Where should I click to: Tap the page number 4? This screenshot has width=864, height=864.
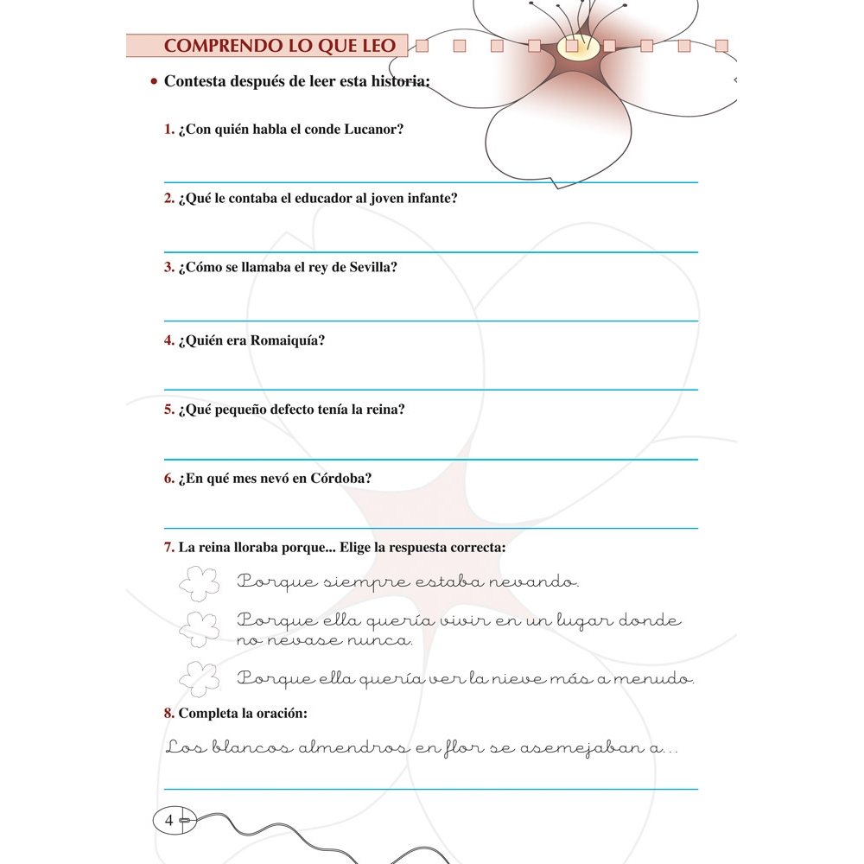coord(169,820)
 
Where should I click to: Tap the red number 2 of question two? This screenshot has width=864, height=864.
coord(168,198)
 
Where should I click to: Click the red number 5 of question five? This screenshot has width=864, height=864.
coord(168,410)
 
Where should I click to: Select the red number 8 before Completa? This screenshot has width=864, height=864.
coord(168,713)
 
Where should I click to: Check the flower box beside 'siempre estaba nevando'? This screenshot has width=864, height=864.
coord(200,583)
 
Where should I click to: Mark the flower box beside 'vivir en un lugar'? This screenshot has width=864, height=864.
coord(200,628)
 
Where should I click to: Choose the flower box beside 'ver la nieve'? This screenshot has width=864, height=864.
coord(200,678)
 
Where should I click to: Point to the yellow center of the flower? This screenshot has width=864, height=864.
coord(572,47)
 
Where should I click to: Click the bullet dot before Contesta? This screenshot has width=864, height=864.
coord(153,82)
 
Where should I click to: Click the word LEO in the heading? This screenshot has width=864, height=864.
coord(373,46)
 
